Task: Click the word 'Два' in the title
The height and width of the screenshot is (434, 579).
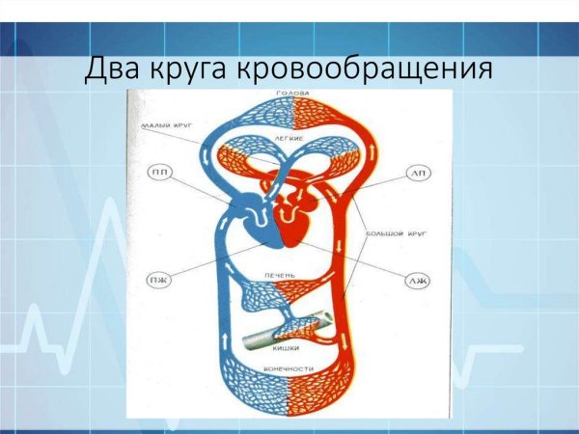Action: [x=113, y=69]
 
